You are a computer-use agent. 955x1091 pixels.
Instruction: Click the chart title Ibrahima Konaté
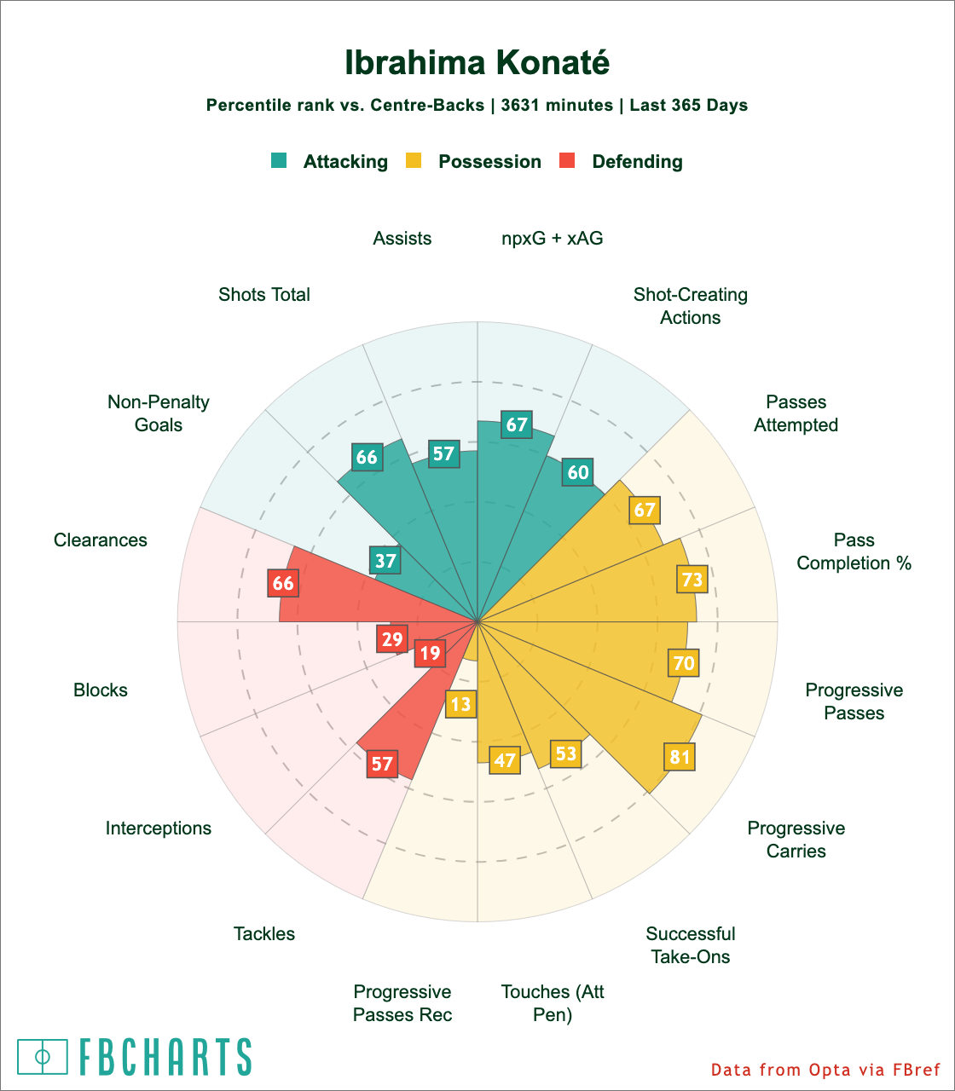click(477, 63)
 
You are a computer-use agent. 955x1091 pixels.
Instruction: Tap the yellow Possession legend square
click(414, 160)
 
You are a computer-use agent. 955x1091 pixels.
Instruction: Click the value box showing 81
click(680, 757)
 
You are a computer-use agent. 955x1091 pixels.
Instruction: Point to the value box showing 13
click(461, 704)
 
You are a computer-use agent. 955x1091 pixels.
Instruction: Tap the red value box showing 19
click(430, 654)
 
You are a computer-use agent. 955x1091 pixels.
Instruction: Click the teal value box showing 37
click(385, 561)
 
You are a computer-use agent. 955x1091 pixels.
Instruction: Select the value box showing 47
click(506, 759)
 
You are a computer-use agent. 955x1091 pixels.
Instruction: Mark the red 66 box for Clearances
click(282, 583)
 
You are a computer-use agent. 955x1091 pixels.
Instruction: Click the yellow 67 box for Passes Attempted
click(645, 510)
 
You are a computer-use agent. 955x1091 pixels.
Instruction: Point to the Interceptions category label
click(159, 828)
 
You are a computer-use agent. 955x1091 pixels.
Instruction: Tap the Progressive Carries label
click(796, 840)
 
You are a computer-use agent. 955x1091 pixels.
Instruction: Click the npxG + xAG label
click(553, 239)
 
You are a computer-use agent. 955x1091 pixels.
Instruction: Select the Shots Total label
click(264, 295)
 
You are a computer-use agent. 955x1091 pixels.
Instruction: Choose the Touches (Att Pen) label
click(553, 1003)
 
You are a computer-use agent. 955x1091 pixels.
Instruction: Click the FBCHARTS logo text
click(165, 1057)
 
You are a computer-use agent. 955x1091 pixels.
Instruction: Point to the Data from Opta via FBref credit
click(825, 1070)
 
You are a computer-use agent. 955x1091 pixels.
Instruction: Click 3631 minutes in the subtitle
click(557, 106)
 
